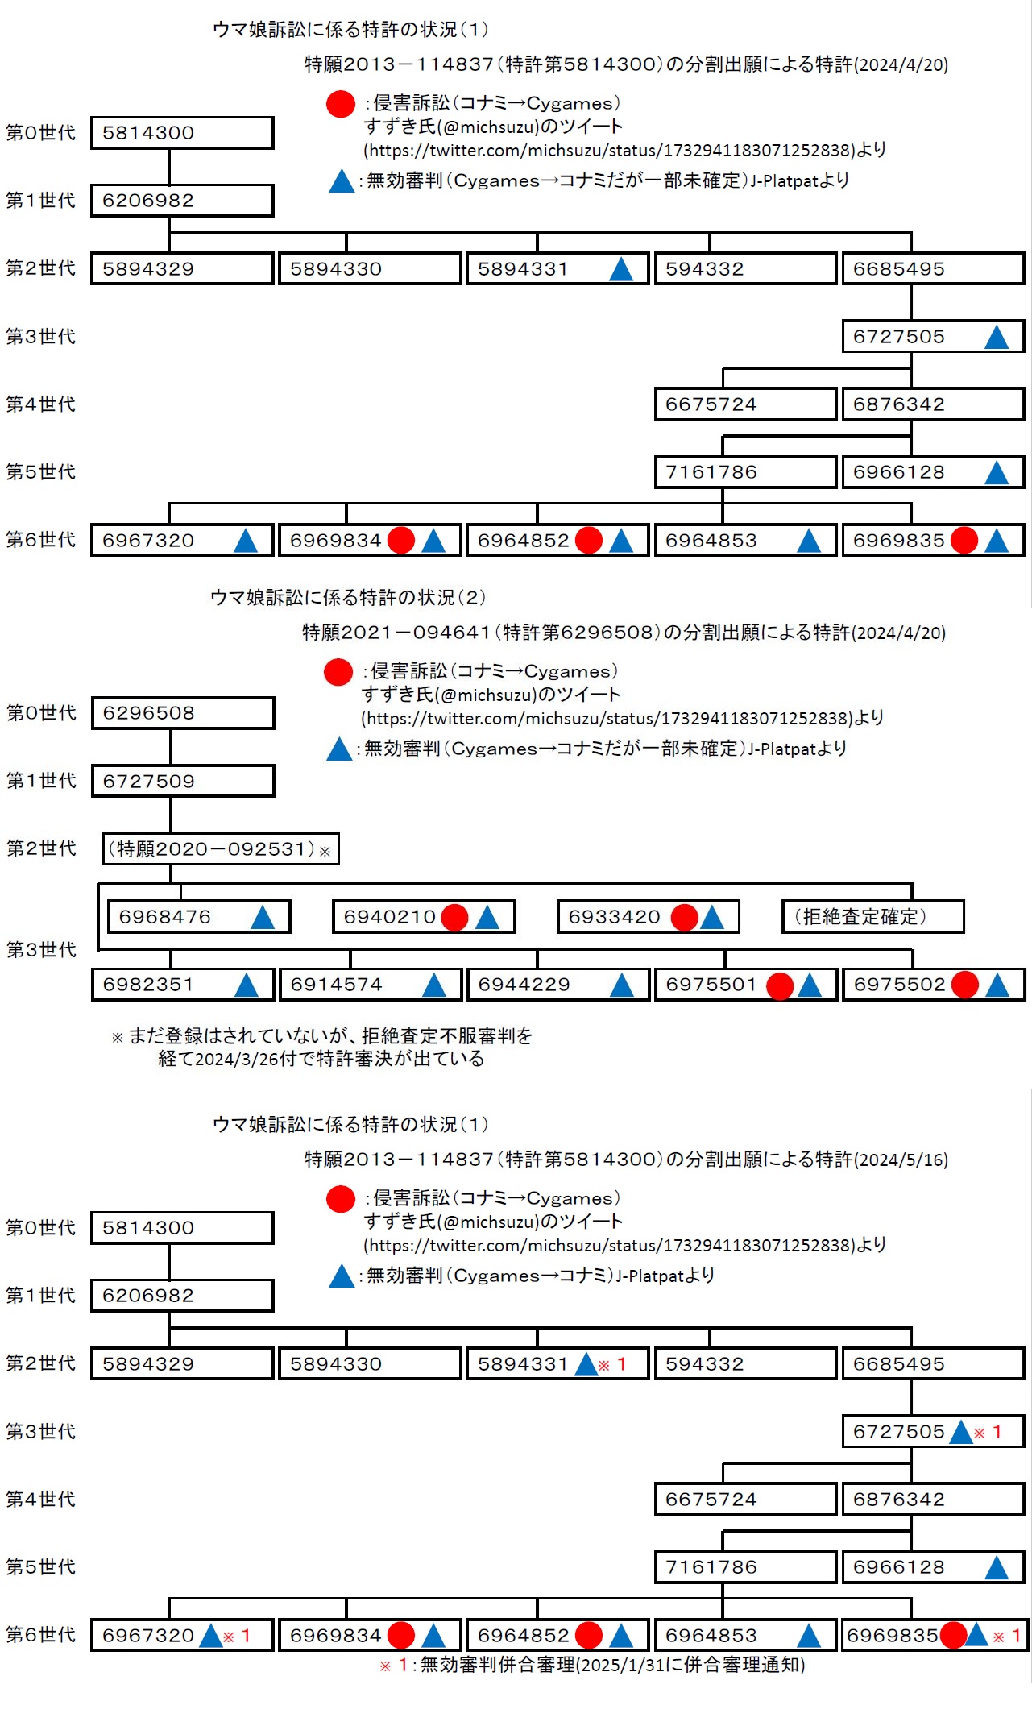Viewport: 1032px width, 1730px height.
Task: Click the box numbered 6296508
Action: [x=183, y=713]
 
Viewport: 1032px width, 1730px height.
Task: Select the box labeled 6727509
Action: [x=183, y=781]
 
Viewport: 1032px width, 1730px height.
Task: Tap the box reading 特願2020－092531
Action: [x=220, y=848]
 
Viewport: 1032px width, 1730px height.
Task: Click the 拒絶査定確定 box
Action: [x=872, y=917]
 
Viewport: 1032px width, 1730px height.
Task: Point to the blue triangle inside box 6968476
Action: [x=262, y=917]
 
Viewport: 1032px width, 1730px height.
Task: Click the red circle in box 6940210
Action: [x=454, y=917]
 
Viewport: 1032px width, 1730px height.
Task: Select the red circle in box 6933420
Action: [x=684, y=917]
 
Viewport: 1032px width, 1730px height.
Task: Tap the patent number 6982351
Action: [x=148, y=985]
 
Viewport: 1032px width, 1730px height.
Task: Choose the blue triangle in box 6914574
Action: [x=433, y=985]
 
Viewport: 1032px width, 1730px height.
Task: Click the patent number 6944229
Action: [x=524, y=985]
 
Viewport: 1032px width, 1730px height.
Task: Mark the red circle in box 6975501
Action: [x=779, y=985]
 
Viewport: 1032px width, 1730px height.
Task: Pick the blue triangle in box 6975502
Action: [x=997, y=985]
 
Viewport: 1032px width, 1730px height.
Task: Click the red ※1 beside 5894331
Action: [x=612, y=1364]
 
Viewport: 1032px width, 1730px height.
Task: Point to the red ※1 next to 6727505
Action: [x=988, y=1432]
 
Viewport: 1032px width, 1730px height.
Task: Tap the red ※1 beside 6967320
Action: [x=237, y=1636]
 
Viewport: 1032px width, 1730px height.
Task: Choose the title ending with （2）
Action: [x=347, y=597]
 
